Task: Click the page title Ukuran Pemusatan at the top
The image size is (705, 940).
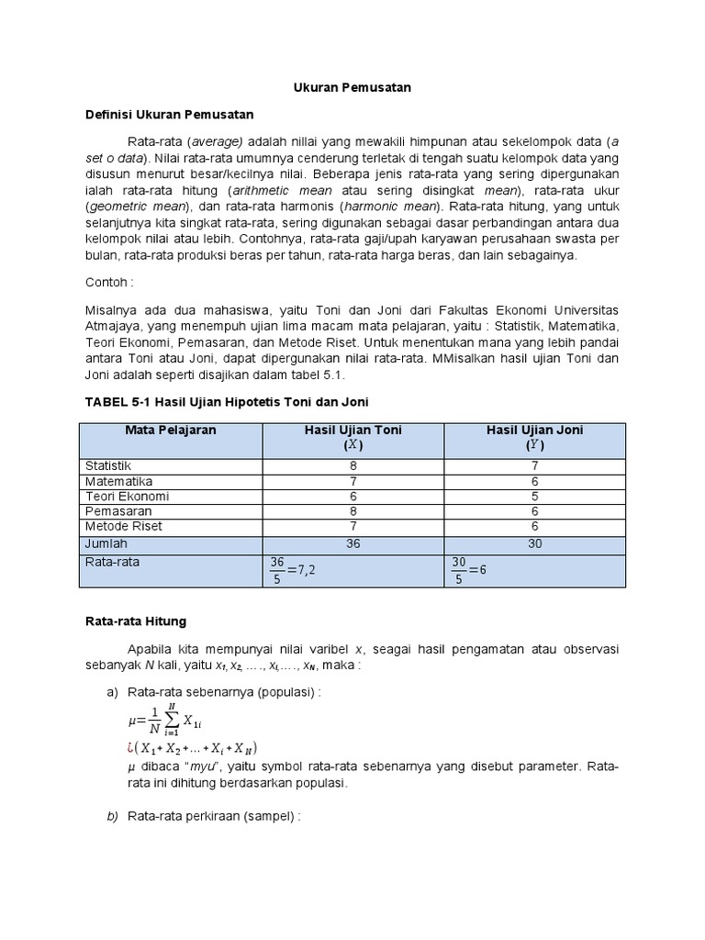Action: click(352, 87)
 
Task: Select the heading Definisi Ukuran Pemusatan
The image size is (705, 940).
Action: click(169, 115)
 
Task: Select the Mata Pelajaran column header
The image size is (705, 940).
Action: click(170, 430)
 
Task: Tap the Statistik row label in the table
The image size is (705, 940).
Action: click(108, 466)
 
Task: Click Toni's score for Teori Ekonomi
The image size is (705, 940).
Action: click(353, 497)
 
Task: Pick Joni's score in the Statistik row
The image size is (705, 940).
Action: click(534, 466)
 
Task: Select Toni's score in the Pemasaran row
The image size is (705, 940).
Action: click(353, 511)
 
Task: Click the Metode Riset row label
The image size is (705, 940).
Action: click(119, 526)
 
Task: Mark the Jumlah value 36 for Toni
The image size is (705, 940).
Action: click(353, 543)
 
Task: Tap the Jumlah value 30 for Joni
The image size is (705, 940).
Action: click(534, 543)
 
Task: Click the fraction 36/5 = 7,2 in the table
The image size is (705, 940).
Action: click(294, 570)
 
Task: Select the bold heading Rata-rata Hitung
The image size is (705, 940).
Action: click(135, 621)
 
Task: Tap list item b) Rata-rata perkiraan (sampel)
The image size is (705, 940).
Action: click(215, 816)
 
